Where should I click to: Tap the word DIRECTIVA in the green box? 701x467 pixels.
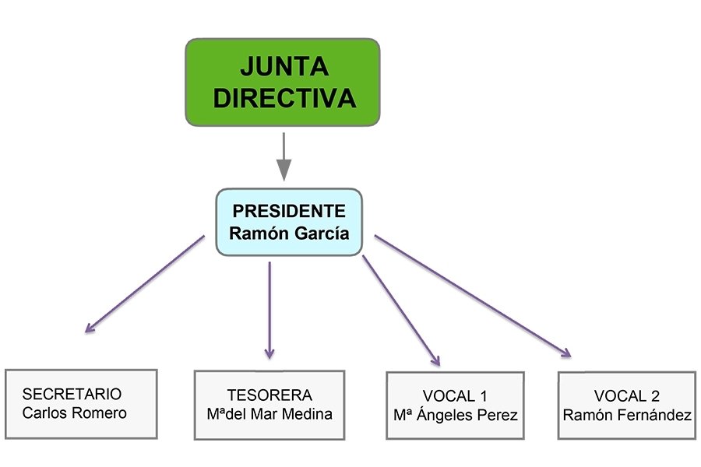pos(284,98)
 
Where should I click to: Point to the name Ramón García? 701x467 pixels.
pos(289,233)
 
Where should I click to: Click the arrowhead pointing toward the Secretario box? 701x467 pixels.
pos(90,328)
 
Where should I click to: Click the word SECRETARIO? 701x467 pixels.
pos(72,394)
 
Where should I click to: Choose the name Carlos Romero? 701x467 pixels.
pos(74,413)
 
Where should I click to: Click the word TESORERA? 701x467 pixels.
pos(269,395)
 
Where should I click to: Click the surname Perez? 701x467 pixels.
pos(498,416)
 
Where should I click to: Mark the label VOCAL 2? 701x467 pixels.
pos(627,395)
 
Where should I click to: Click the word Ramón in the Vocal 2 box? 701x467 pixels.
pos(583,415)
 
